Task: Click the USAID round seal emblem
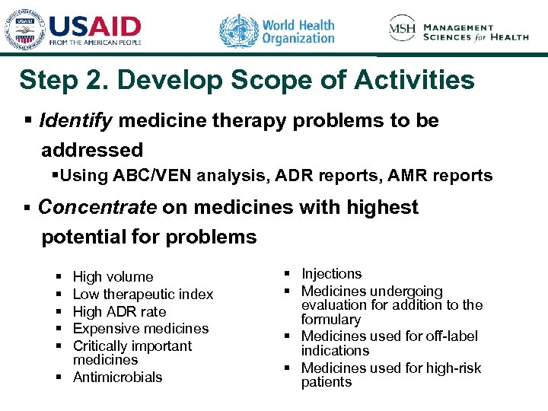coord(22,30)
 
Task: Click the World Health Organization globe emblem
coord(238,31)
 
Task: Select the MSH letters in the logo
coord(403,28)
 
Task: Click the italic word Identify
coord(76,121)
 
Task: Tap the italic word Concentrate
coord(97,207)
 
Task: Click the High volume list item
coord(113,277)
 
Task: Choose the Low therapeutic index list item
coord(143,295)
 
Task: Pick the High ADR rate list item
coord(119,312)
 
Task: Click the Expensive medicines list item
coord(141,329)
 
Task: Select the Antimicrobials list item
coord(118,377)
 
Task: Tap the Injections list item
coord(332,274)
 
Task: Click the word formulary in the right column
coord(330,320)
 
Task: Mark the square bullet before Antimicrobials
coord(60,377)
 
